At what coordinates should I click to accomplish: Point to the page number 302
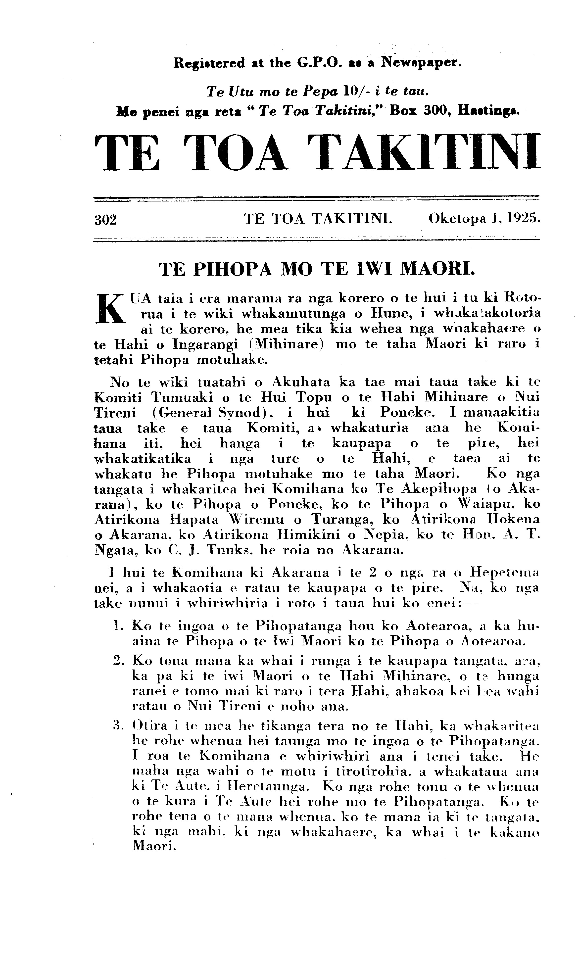click(105, 220)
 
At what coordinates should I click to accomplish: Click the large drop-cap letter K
click(109, 308)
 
